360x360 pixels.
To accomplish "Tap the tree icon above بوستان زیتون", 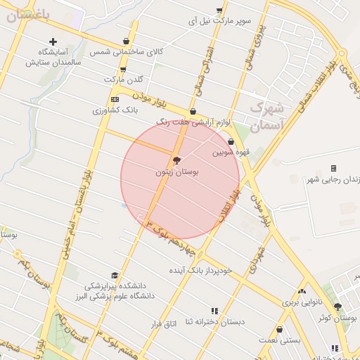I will click(176, 160).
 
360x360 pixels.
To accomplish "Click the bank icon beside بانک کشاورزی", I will click(115, 100).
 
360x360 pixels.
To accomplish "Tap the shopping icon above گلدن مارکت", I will click(123, 69).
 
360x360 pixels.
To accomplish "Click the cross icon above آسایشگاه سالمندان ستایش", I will click(53, 41).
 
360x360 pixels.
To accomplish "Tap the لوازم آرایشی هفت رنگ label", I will click(192, 122).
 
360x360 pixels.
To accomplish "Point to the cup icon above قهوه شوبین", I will click(231, 141).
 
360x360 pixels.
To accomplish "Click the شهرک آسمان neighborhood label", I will click(266, 117).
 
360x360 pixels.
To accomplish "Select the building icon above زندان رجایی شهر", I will click(333, 168).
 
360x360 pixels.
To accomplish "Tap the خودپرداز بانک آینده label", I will click(200, 270).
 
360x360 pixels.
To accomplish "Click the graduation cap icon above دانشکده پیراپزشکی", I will click(115, 276).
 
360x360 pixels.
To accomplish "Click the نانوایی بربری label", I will click(302, 303).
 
